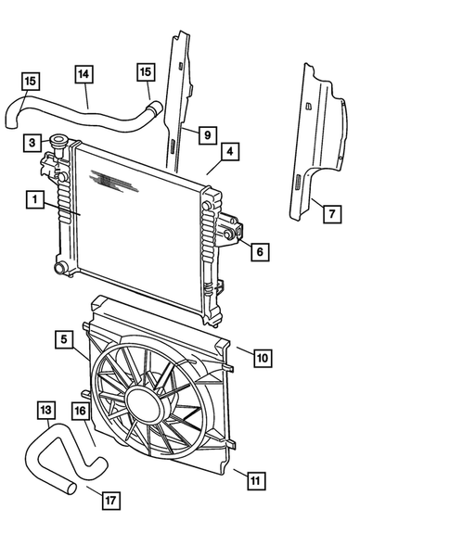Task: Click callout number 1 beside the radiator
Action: (33, 199)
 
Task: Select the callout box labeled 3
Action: (33, 143)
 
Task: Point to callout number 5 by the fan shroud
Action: (64, 341)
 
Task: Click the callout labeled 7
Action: (331, 214)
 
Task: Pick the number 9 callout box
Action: (207, 133)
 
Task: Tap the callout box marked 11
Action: (256, 480)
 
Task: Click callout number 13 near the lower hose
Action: (46, 409)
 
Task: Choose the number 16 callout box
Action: (81, 411)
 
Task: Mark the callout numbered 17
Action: (110, 501)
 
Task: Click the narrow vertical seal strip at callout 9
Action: (178, 102)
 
